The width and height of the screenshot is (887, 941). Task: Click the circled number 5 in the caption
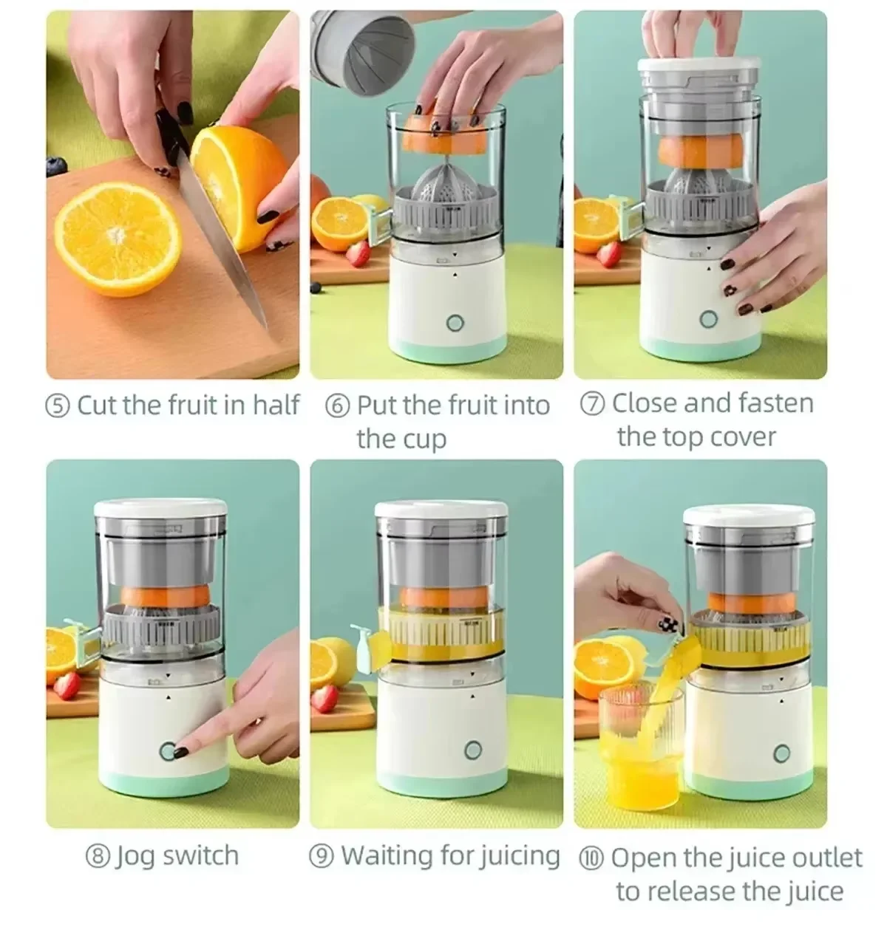pos(58,406)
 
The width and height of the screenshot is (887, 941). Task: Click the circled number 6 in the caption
pos(337,406)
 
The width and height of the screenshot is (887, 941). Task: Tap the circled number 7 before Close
pos(593,404)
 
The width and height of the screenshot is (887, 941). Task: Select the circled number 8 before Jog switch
pos(98,857)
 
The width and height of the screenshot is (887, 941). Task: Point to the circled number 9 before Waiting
pos(322,857)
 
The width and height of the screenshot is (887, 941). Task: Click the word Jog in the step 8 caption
pos(135,857)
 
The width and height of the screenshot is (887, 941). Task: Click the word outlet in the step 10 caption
pos(826,858)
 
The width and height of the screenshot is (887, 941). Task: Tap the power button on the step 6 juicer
pos(455,323)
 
